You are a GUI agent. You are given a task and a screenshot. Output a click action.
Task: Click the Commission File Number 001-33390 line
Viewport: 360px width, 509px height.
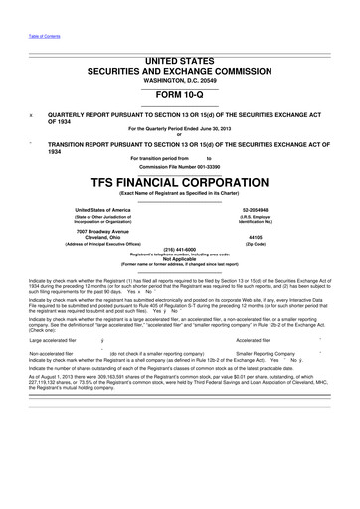tap(180, 165)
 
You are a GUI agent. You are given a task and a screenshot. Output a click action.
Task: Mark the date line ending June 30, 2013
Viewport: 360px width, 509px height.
tap(180, 129)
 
